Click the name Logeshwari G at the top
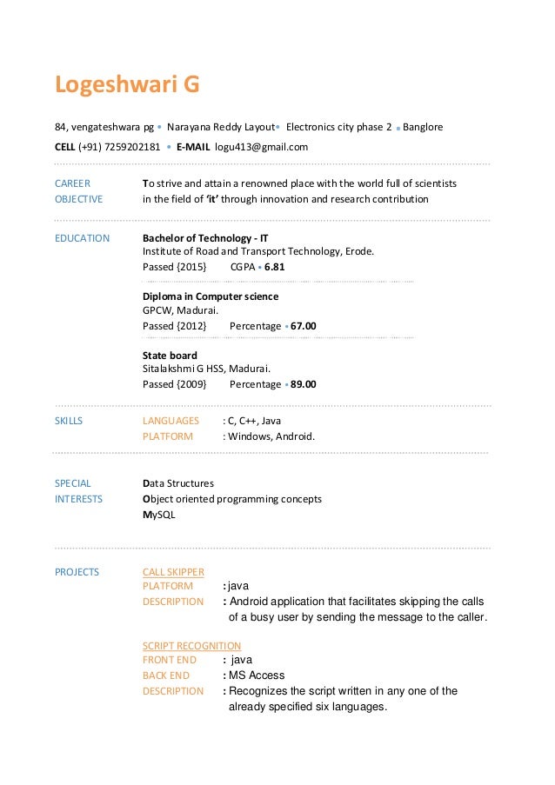pos(127,85)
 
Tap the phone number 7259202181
pos(132,147)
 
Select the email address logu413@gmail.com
pos(262,147)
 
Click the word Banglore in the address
pos(423,127)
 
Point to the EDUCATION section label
pos(82,237)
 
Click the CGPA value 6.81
pos(275,266)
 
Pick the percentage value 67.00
pos(304,326)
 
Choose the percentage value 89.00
pos(304,384)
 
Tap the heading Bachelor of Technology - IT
pos(205,237)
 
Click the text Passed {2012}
pos(174,326)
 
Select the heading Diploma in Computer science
pos(211,296)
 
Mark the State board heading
pos(170,356)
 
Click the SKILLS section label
pos(69,421)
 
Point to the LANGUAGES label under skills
pos(171,421)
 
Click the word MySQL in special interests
pos(158,515)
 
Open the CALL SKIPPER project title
pos(173,572)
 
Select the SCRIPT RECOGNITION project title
pos(191,646)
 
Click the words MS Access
pos(257,675)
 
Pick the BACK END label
pos(165,675)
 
